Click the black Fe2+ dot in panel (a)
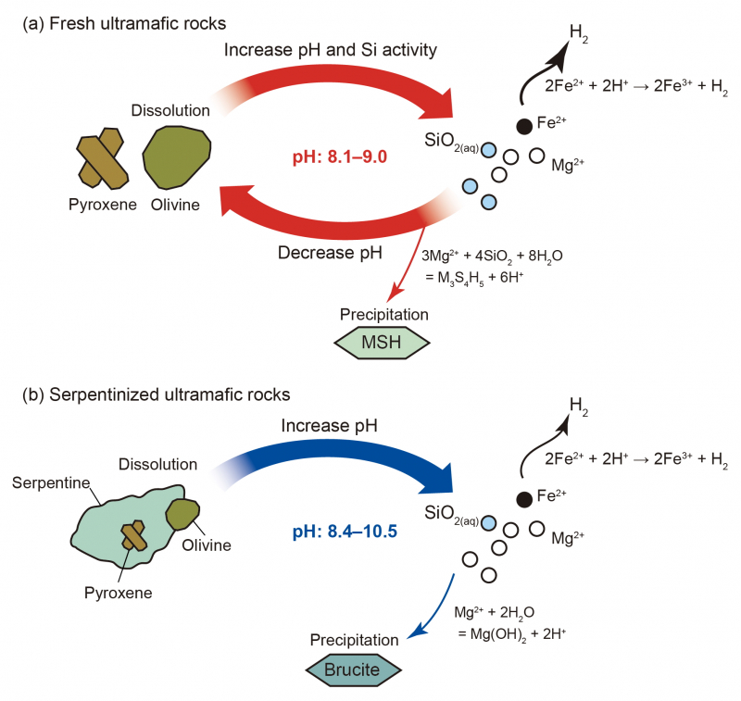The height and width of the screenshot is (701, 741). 524,125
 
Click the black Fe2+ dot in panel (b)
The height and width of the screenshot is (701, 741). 524,499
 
